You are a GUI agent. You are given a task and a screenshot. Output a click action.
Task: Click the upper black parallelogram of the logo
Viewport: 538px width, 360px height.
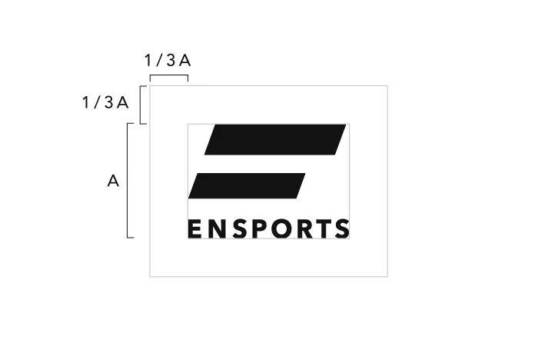pyautogui.click(x=275, y=139)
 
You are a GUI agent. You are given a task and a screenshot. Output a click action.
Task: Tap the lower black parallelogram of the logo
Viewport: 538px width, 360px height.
pyautogui.click(x=247, y=186)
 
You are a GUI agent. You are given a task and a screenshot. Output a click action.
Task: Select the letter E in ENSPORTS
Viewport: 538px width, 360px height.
pyautogui.click(x=194, y=229)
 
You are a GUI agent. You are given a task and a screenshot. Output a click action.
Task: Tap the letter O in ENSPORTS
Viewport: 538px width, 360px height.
pyautogui.click(x=283, y=229)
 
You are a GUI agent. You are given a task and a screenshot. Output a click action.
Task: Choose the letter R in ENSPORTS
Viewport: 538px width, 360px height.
pyautogui.click(x=306, y=229)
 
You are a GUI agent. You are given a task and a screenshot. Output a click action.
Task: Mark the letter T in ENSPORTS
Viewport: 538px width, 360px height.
pyautogui.click(x=324, y=229)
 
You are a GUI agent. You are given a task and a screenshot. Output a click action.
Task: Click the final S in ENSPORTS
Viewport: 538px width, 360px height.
pyautogui.click(x=342, y=229)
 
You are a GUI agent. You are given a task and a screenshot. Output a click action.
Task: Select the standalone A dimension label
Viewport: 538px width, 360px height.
pyautogui.click(x=113, y=181)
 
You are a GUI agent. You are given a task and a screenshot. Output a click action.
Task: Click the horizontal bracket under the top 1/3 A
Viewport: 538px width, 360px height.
pyautogui.click(x=169, y=75)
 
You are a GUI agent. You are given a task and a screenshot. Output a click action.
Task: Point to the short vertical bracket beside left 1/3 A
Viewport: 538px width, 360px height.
pyautogui.click(x=141, y=105)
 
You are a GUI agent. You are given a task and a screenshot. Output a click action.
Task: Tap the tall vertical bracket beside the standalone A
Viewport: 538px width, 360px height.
pyautogui.click(x=128, y=180)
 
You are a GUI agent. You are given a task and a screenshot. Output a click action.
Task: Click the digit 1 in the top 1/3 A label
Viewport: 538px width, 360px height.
pyautogui.click(x=148, y=61)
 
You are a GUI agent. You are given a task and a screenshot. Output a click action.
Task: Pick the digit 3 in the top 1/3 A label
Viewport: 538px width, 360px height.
pyautogui.click(x=171, y=61)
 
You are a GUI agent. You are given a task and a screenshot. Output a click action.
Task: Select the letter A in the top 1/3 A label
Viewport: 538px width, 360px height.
pyautogui.click(x=185, y=61)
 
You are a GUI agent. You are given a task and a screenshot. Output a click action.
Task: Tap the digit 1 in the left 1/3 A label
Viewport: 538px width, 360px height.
pyautogui.click(x=86, y=102)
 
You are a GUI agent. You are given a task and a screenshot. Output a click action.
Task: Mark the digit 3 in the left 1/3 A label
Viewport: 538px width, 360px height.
pyautogui.click(x=109, y=102)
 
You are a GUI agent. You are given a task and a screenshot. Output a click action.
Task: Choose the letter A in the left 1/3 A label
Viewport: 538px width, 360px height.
pyautogui.click(x=122, y=103)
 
